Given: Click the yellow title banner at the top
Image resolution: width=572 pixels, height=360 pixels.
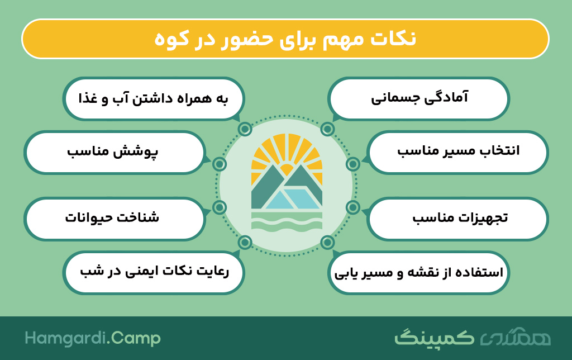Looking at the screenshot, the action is [x=285, y=39].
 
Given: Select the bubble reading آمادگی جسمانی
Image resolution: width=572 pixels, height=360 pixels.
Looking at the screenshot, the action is [x=418, y=98].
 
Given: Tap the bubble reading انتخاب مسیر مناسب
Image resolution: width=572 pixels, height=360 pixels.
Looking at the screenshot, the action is [x=458, y=152].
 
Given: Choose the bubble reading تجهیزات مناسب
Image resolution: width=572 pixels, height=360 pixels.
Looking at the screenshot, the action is [x=458, y=219].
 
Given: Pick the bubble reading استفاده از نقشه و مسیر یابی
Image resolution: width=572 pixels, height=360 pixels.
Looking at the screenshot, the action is [x=418, y=272].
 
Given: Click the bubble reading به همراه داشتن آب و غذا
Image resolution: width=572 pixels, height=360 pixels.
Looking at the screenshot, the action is [x=154, y=98].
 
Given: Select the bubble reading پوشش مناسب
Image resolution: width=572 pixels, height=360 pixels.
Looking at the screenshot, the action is [x=114, y=152].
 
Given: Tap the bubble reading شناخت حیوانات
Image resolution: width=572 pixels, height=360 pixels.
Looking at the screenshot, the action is [x=114, y=219].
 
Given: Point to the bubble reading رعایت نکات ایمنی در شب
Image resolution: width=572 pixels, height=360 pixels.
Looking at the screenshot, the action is [x=154, y=272].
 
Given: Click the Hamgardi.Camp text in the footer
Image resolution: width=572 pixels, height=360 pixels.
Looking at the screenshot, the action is [x=93, y=338].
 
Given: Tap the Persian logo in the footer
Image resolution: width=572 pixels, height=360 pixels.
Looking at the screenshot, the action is [x=473, y=337].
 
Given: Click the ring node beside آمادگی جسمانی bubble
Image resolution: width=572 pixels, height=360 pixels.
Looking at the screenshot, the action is [x=327, y=129].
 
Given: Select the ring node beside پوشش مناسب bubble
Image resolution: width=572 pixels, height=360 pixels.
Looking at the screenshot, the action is [x=219, y=164].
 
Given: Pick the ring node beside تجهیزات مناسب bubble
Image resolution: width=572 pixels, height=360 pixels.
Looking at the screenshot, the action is [x=353, y=207].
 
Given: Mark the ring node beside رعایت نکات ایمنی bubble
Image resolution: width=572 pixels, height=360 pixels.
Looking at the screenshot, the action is [x=245, y=242].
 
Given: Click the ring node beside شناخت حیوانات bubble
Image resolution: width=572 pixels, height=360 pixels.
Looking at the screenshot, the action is [x=219, y=207].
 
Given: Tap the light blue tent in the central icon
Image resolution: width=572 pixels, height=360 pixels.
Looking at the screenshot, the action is [x=292, y=199].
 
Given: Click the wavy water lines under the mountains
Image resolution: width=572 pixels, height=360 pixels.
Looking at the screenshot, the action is [x=287, y=222].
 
